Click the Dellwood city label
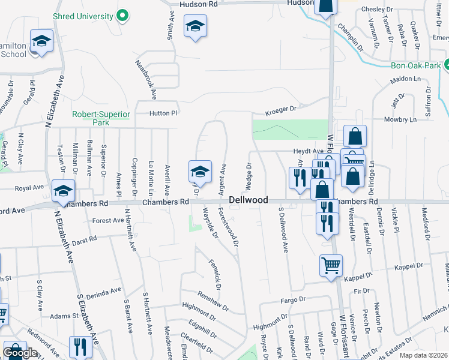pyautogui.click(x=248, y=199)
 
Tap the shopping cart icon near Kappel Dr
pyautogui.click(x=331, y=265)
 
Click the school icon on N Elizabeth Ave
pyautogui.click(x=63, y=191)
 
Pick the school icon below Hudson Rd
pyautogui.click(x=194, y=27)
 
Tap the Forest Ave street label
pyautogui.click(x=108, y=221)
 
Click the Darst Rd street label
pyautogui.click(x=84, y=240)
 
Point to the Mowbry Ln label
pyautogui.click(x=417, y=120)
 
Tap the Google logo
pyautogui.click(x=20, y=353)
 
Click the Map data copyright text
pyautogui.click(x=424, y=355)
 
